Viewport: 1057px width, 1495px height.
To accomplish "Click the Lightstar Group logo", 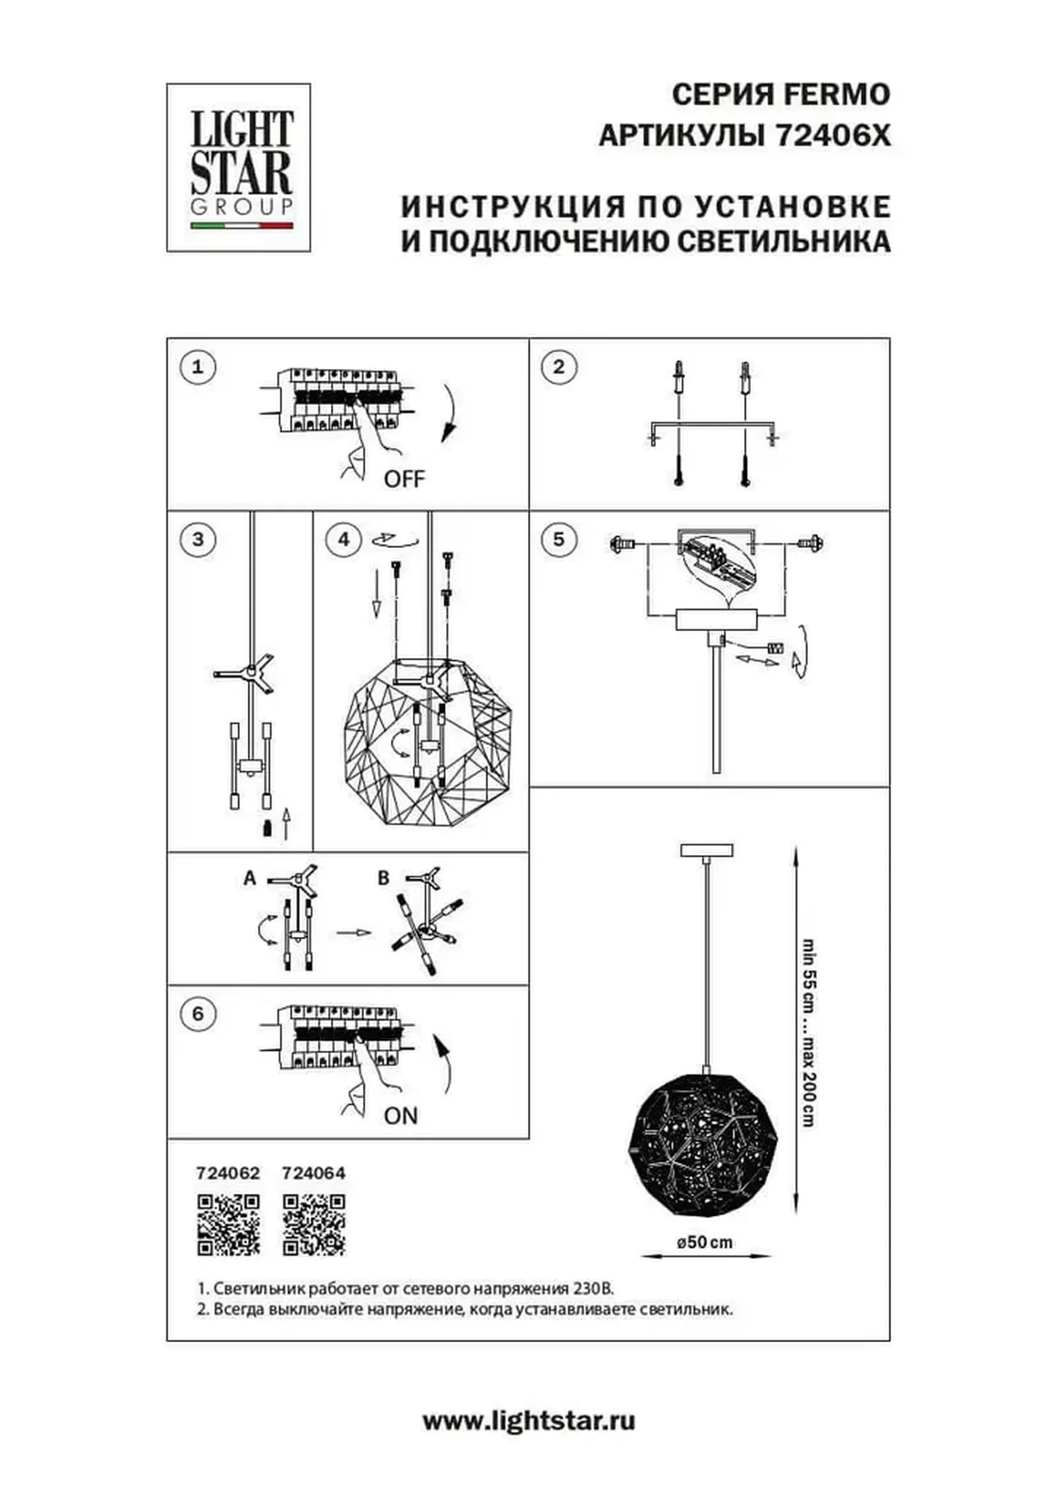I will click(238, 167).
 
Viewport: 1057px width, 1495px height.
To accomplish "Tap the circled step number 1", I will click(198, 367).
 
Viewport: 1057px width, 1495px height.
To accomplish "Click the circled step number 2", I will click(559, 367).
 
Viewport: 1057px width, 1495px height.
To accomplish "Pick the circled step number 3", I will click(198, 539).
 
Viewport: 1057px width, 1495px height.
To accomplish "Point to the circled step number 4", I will click(344, 539).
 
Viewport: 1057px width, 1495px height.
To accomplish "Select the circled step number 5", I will click(559, 539).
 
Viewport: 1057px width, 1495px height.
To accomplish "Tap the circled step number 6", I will click(198, 1014).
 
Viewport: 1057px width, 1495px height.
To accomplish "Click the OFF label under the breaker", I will click(404, 480).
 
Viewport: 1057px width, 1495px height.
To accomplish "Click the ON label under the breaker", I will click(401, 1116).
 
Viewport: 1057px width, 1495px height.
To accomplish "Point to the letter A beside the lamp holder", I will click(250, 878).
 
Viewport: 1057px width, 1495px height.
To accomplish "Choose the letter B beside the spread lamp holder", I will click(383, 878).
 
